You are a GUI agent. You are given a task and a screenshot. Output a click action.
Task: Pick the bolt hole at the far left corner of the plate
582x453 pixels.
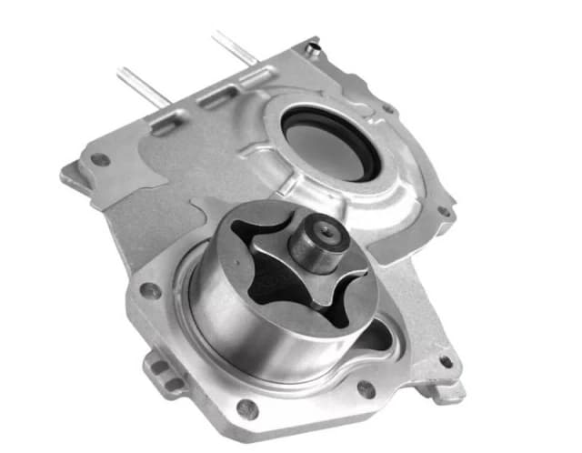click(101, 160)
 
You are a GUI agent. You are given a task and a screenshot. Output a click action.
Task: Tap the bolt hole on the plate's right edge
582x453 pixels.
click(445, 211)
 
